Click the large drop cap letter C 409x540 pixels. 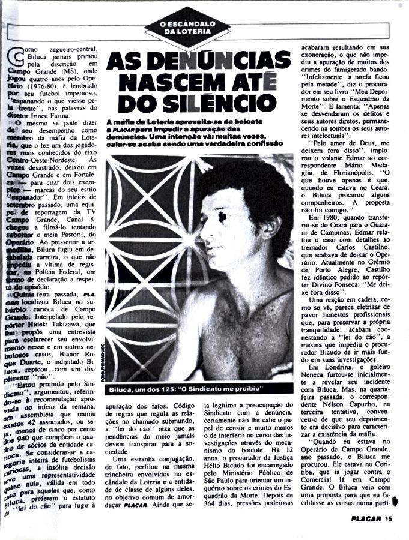[11, 58]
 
